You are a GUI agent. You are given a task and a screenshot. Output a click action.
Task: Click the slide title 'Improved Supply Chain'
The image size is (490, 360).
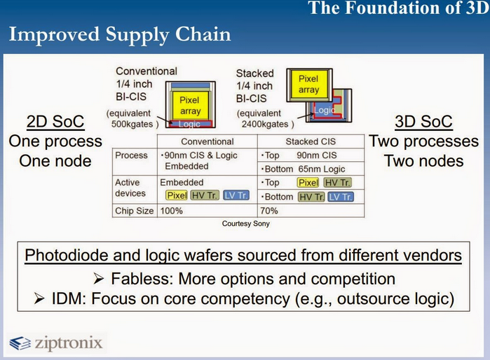tap(120, 34)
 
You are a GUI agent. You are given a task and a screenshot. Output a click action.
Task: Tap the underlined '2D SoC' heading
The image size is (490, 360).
tap(55, 121)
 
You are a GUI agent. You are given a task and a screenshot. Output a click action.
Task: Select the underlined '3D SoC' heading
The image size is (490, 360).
tap(423, 121)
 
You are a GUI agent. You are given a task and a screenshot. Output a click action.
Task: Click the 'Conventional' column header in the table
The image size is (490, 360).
tap(207, 141)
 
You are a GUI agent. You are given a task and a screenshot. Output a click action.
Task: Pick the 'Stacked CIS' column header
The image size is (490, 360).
tap(311, 141)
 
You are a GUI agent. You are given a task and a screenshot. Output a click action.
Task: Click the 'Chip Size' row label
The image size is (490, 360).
tap(135, 211)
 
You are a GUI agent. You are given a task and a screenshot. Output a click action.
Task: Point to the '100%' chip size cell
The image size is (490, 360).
tap(171, 211)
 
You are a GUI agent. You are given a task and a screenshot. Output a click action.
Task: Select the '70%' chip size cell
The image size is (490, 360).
tap(268, 211)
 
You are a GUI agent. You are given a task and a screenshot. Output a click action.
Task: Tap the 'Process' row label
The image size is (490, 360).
tap(131, 155)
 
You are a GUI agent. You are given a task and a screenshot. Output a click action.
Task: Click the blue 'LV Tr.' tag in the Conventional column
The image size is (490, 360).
tap(236, 195)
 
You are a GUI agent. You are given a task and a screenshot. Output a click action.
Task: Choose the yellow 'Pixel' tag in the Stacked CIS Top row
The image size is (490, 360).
tap(308, 182)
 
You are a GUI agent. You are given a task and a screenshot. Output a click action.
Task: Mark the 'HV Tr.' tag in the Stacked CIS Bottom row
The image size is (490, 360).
tap(311, 197)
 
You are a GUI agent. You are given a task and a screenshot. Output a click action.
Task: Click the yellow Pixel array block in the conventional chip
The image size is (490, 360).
tap(190, 105)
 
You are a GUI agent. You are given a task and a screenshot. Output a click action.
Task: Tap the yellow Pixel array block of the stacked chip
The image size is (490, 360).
tap(308, 83)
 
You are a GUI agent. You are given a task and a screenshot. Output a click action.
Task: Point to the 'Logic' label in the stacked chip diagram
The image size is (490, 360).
tap(325, 110)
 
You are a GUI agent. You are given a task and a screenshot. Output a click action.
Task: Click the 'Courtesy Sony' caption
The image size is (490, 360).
tap(246, 223)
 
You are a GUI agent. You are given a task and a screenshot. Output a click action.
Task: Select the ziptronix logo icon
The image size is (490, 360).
tap(20, 343)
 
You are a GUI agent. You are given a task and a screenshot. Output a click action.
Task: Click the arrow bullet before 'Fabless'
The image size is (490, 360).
tap(98, 279)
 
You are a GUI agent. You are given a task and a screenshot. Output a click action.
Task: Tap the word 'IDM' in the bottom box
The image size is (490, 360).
tap(69, 299)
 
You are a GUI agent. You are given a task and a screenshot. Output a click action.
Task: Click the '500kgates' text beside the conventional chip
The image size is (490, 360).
tap(132, 124)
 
